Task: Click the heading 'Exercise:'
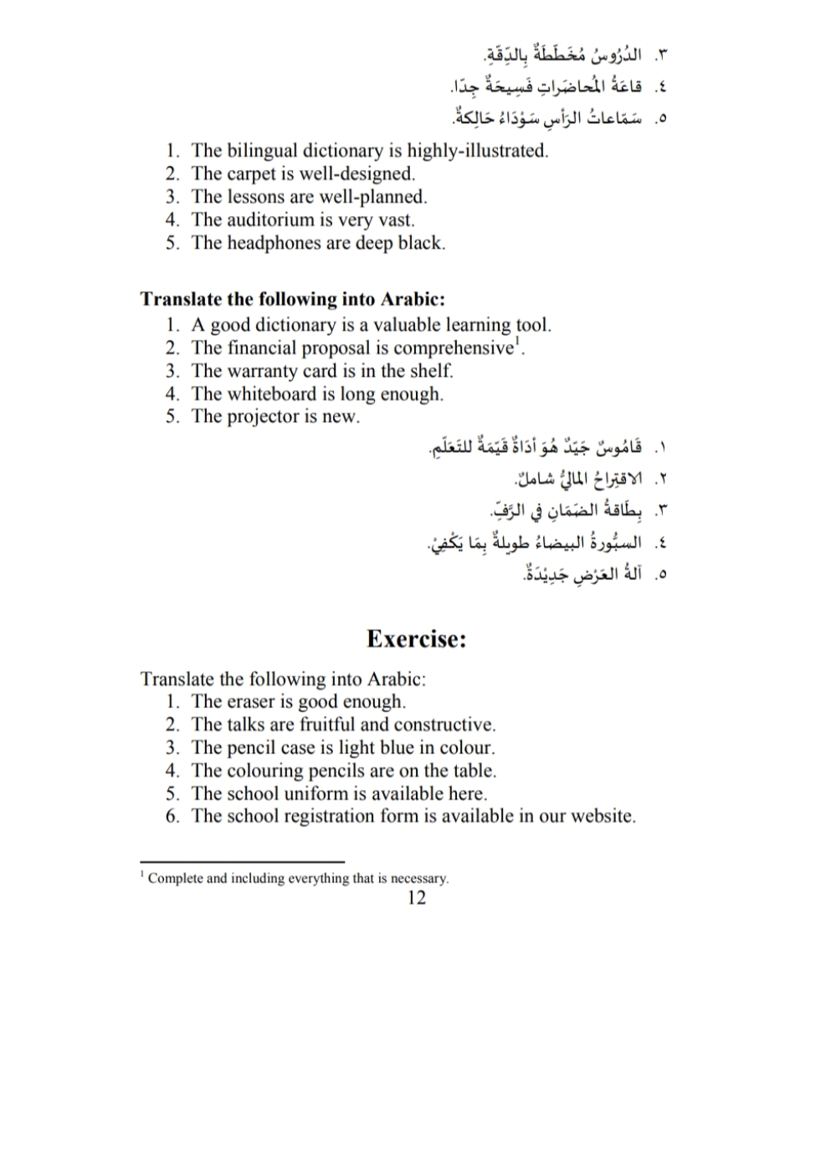click(416, 639)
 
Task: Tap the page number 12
click(416, 898)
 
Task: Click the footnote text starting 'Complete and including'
click(298, 879)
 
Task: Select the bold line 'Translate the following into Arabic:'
click(293, 300)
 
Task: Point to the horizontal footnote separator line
click(243, 862)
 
